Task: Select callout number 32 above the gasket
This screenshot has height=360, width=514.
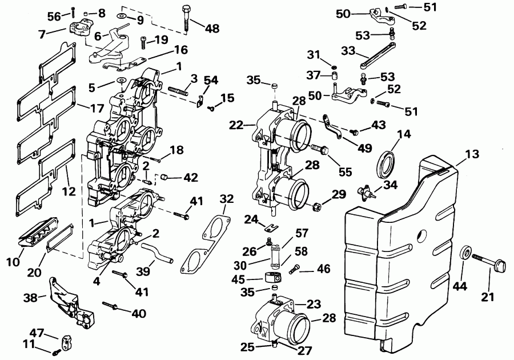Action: click(x=227, y=199)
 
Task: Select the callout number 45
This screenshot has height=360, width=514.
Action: click(x=239, y=279)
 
